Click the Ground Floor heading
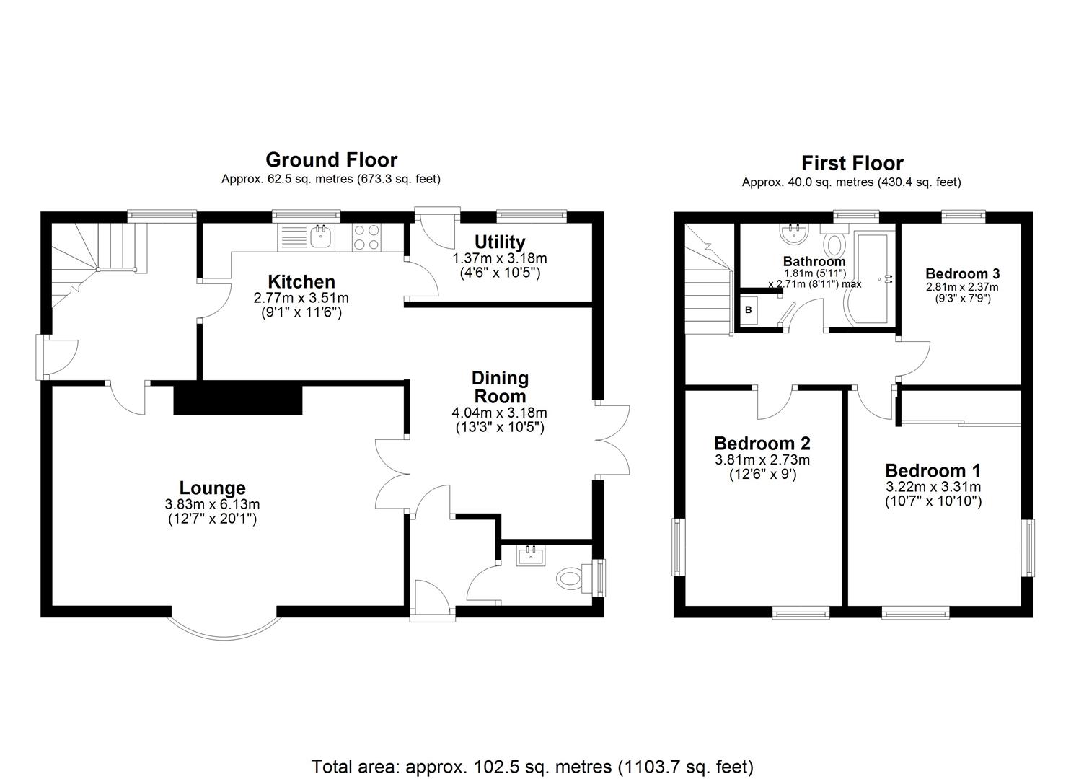(331, 159)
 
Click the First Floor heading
(852, 163)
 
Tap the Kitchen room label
(301, 281)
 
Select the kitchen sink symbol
(319, 235)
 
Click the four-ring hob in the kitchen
(367, 237)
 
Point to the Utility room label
(499, 242)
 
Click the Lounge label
(212, 488)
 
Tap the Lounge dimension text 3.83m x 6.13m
(212, 504)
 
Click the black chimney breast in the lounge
(237, 399)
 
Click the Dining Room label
(500, 387)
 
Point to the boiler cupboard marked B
(748, 309)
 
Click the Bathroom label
(814, 261)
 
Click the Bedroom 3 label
(962, 273)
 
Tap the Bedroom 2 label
(762, 443)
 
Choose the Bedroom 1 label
(933, 470)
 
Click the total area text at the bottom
(532, 765)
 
